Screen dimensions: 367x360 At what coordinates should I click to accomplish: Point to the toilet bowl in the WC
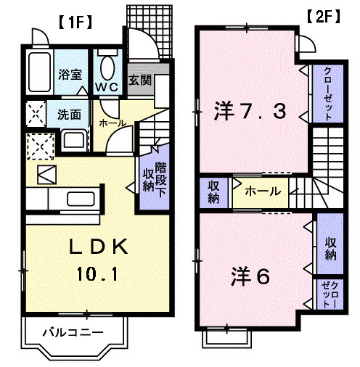pos(108,69)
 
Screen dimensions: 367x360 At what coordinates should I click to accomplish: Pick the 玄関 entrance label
pos(140,80)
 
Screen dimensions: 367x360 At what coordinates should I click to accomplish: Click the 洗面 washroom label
pos(69,114)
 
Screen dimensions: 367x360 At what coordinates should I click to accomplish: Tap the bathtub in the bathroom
pos(36,73)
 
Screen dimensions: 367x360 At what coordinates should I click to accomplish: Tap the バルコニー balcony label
pos(72,333)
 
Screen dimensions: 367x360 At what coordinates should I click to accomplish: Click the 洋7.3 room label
pos(250,112)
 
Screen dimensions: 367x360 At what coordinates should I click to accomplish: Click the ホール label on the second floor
pos(259,192)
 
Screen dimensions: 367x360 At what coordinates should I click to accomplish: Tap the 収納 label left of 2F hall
pos(214,192)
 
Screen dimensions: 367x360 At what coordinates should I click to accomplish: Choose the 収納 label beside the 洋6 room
pos(330,248)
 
